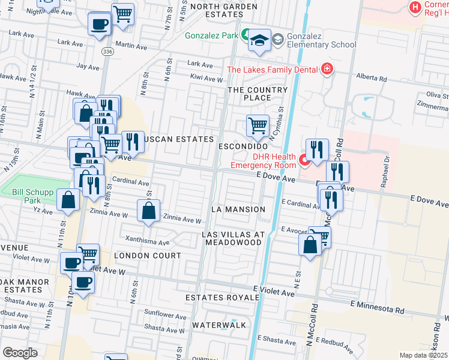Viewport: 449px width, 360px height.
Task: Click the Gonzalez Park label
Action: (212, 35)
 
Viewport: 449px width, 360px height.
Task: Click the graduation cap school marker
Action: (259, 40)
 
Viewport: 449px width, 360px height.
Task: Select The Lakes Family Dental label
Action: (272, 70)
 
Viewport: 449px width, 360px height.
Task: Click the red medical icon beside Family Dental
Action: (327, 70)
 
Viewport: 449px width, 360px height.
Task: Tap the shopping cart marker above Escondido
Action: (258, 126)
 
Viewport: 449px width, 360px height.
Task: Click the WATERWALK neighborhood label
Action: (219, 325)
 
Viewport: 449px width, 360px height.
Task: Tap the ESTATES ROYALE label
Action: (216, 297)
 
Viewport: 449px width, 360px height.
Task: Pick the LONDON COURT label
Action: (147, 256)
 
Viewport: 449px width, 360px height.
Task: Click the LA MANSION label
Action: (238, 209)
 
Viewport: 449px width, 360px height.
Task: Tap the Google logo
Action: (20, 353)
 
